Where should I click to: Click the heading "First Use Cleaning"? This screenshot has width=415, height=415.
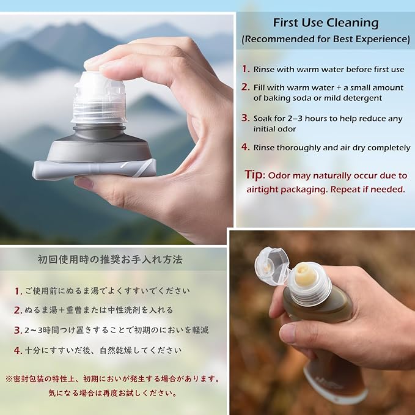coord(326,23)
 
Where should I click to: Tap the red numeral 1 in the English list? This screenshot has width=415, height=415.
coord(245,69)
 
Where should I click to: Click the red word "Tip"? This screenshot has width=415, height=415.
coord(254,175)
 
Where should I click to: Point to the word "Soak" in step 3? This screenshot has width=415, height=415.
coord(263,119)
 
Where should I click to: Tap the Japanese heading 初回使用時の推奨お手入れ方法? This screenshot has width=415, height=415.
coord(110,260)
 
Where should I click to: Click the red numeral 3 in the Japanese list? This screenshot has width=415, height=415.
coord(18,330)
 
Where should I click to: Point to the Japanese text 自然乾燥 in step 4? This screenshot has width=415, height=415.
coord(116,351)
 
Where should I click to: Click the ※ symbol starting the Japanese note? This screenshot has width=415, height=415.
coord(9,379)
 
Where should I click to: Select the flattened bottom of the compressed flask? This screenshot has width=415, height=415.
coord(94,169)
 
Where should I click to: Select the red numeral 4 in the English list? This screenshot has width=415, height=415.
coord(245,147)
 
